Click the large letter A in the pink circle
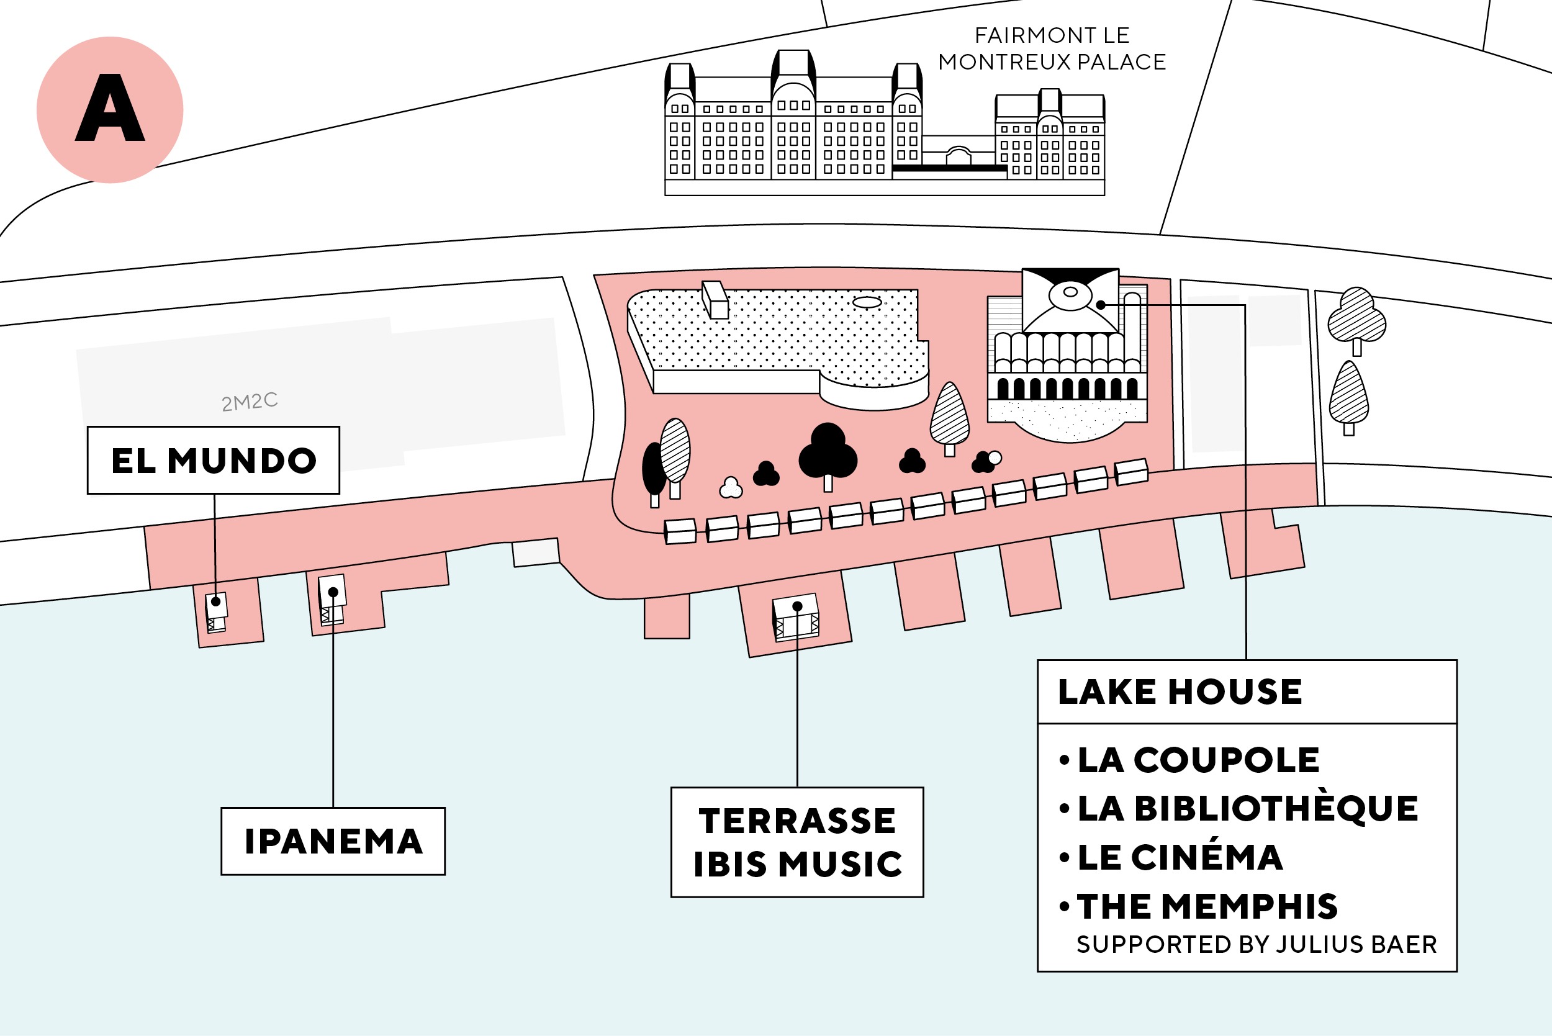(x=110, y=109)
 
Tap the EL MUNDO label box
(x=214, y=461)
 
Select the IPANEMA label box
(x=333, y=841)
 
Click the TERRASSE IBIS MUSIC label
(x=797, y=842)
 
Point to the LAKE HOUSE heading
(x=1180, y=691)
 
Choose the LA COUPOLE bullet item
(x=1197, y=760)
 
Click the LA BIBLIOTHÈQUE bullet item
(x=1247, y=808)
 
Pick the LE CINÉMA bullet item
(x=1180, y=857)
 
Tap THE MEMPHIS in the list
(x=1206, y=906)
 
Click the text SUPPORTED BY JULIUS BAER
(x=1256, y=945)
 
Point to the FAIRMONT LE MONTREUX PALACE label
(x=1052, y=48)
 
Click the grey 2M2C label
(x=249, y=401)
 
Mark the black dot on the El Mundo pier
(x=215, y=602)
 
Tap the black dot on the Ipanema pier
(x=333, y=593)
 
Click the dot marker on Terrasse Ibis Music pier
(x=797, y=606)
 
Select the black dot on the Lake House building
(x=1101, y=305)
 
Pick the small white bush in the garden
(x=731, y=489)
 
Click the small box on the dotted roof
(x=715, y=300)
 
